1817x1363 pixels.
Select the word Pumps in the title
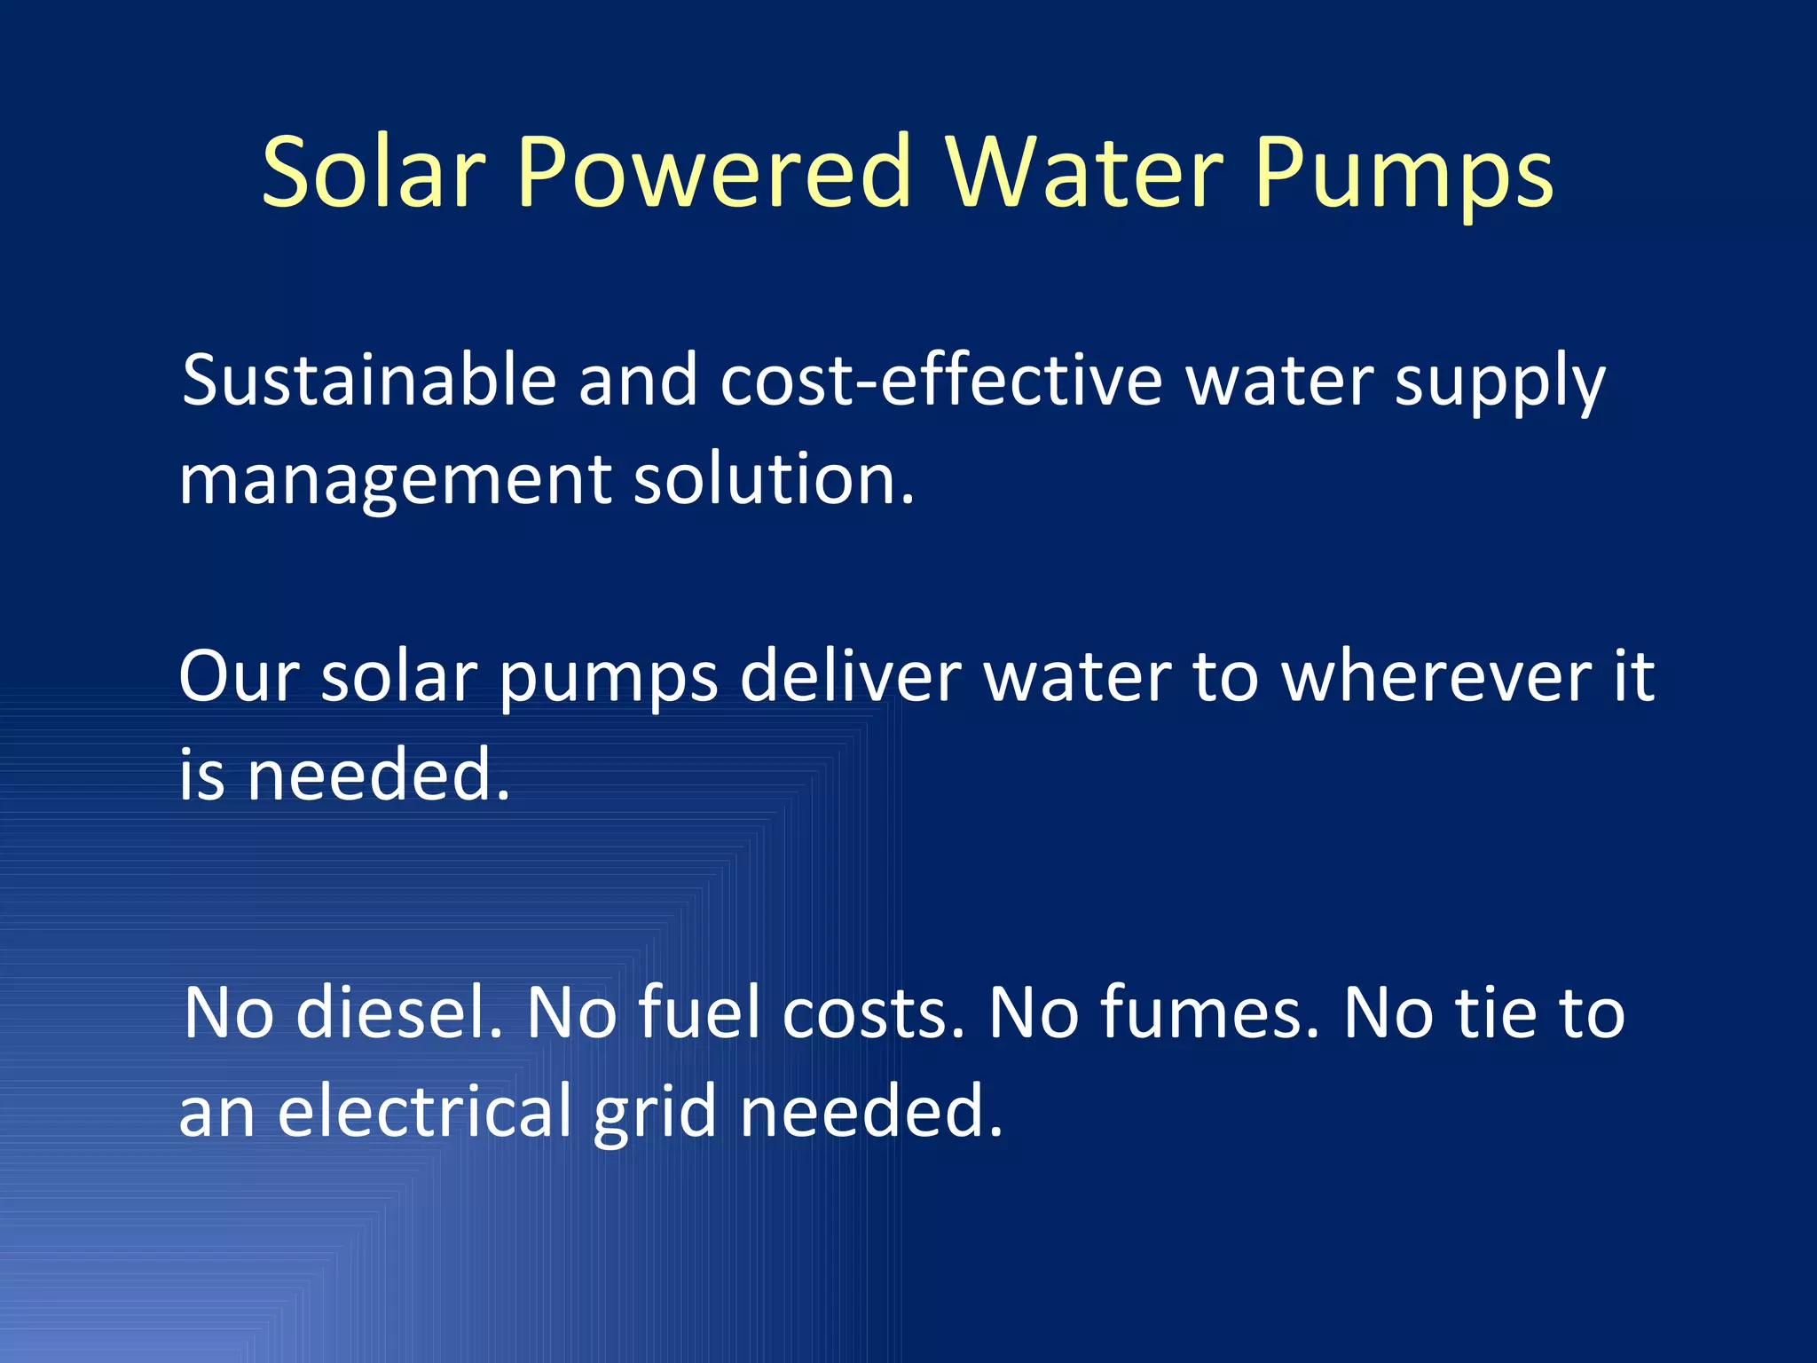1404,173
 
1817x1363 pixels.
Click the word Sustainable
369,381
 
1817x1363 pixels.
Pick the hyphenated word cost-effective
941,381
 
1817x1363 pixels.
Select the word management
395,482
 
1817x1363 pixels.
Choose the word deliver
850,676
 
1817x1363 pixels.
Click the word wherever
1437,676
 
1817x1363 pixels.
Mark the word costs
874,1012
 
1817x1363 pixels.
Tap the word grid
655,1114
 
